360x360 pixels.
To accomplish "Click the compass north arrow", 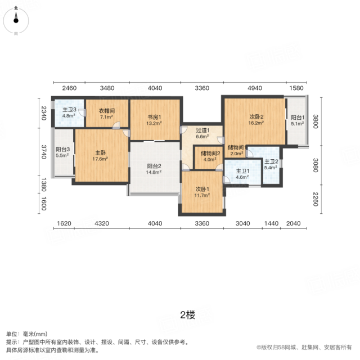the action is [x=16, y=17].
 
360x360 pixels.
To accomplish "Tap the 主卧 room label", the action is [x=100, y=152].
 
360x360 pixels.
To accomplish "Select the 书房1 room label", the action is [x=154, y=118].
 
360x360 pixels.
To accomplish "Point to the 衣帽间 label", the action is [x=107, y=111].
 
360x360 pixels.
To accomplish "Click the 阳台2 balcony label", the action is [x=154, y=166].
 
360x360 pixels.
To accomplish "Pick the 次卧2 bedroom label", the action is [x=256, y=117].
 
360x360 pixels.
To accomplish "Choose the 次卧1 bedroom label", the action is [x=202, y=189].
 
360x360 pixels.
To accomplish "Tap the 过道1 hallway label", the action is [x=202, y=130].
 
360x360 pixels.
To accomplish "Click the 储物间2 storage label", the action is [x=210, y=153].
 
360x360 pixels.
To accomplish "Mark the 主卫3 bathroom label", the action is [x=69, y=110].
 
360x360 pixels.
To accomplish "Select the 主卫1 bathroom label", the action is [x=242, y=171].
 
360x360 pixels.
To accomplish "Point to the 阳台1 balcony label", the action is [x=298, y=118].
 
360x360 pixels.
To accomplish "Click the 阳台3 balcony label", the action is [x=62, y=149].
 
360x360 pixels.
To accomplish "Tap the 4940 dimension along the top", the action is [x=255, y=88].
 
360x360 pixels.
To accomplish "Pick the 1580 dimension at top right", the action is [x=296, y=88].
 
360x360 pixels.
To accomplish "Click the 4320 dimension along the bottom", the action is [x=102, y=223].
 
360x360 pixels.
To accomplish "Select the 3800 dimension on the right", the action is [x=316, y=121].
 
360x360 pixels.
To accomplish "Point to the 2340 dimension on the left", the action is [x=44, y=113].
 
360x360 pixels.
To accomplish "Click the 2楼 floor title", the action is [x=187, y=315].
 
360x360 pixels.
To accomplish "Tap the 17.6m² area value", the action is [x=100, y=159].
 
